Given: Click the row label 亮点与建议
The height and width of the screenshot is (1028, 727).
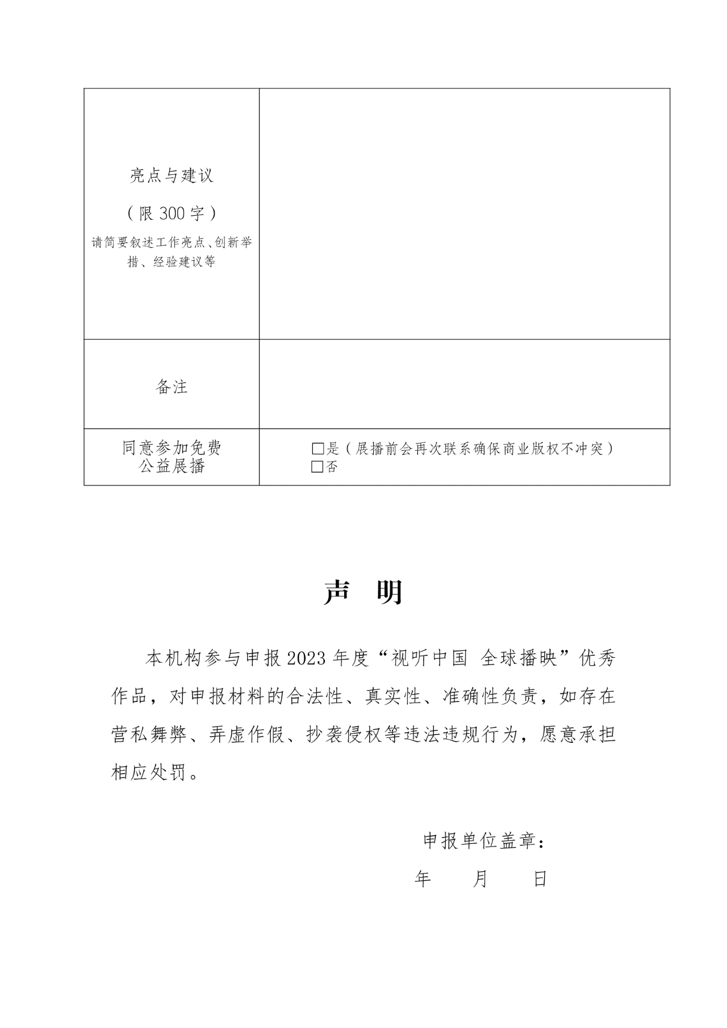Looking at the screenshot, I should point(172,176).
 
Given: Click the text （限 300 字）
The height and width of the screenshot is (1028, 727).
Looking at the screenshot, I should point(172,214).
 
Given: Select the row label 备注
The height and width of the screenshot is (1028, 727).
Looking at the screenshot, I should point(172,387).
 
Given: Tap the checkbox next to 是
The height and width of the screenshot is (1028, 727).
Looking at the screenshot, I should point(317,449).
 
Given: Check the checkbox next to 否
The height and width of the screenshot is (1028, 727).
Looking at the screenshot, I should point(317,467).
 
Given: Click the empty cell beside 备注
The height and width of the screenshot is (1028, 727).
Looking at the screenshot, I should point(464,384).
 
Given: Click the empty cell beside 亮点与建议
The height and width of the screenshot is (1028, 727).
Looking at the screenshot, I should point(464,214).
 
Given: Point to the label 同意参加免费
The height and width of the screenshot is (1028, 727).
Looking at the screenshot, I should point(172,448).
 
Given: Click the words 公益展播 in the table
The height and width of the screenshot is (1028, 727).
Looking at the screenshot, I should point(172,467).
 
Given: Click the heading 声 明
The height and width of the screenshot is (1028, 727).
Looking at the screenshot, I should point(363,592).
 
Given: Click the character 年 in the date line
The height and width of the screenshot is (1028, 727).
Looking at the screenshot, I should point(423,879).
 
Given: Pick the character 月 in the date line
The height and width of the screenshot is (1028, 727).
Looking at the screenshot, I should point(481,879).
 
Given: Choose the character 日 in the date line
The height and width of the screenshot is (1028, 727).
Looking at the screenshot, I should point(540,879).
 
